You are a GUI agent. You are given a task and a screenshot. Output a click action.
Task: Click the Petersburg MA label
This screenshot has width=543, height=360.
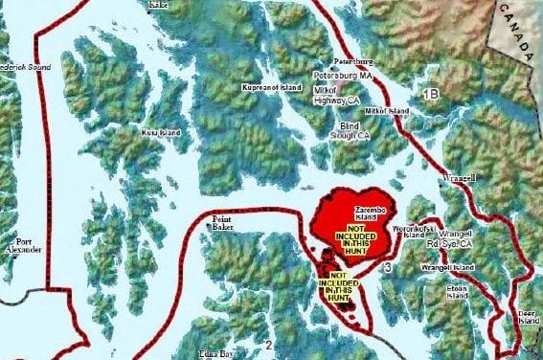click(x=339, y=74)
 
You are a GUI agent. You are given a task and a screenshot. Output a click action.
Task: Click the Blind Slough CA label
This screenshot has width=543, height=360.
click(x=354, y=130)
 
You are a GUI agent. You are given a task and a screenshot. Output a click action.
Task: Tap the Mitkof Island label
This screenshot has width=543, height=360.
click(x=387, y=112)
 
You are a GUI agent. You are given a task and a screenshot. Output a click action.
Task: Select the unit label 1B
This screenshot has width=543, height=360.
click(x=430, y=93)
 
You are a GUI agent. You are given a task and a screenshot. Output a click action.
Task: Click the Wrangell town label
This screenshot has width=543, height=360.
click(x=460, y=179)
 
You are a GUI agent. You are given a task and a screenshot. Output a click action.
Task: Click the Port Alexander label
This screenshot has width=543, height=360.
click(x=22, y=246)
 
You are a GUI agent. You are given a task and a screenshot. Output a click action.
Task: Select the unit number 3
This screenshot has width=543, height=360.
click(x=387, y=267)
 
